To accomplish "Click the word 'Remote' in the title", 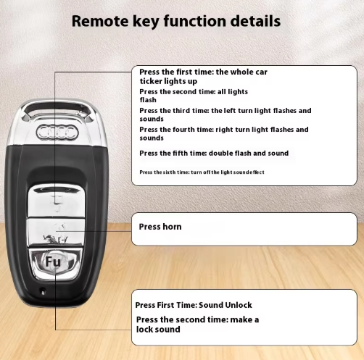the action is tap(100, 21).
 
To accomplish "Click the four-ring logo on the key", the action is tap(57, 133).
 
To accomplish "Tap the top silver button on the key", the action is tap(57, 201).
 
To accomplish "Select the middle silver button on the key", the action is tap(57, 233).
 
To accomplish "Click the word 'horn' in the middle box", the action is tap(172, 227).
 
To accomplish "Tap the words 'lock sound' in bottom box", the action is tap(158, 330).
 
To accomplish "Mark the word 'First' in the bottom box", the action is tap(165, 305).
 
